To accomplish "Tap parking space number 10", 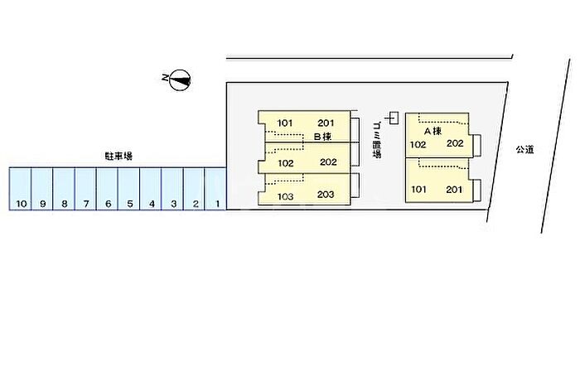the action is click(20, 189).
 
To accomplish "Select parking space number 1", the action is click(215, 189).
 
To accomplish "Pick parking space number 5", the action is click(128, 189).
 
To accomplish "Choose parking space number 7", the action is click(85, 189).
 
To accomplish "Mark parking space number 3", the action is click(172, 189).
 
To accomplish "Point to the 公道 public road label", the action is click(524, 149).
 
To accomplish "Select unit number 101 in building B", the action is click(286, 123).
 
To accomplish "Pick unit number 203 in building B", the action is click(326, 195).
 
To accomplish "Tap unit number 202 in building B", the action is click(327, 162).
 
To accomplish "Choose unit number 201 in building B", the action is click(325, 123).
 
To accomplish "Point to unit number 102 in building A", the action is click(418, 144).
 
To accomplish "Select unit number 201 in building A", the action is click(454, 190).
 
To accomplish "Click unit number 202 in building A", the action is click(454, 142).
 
